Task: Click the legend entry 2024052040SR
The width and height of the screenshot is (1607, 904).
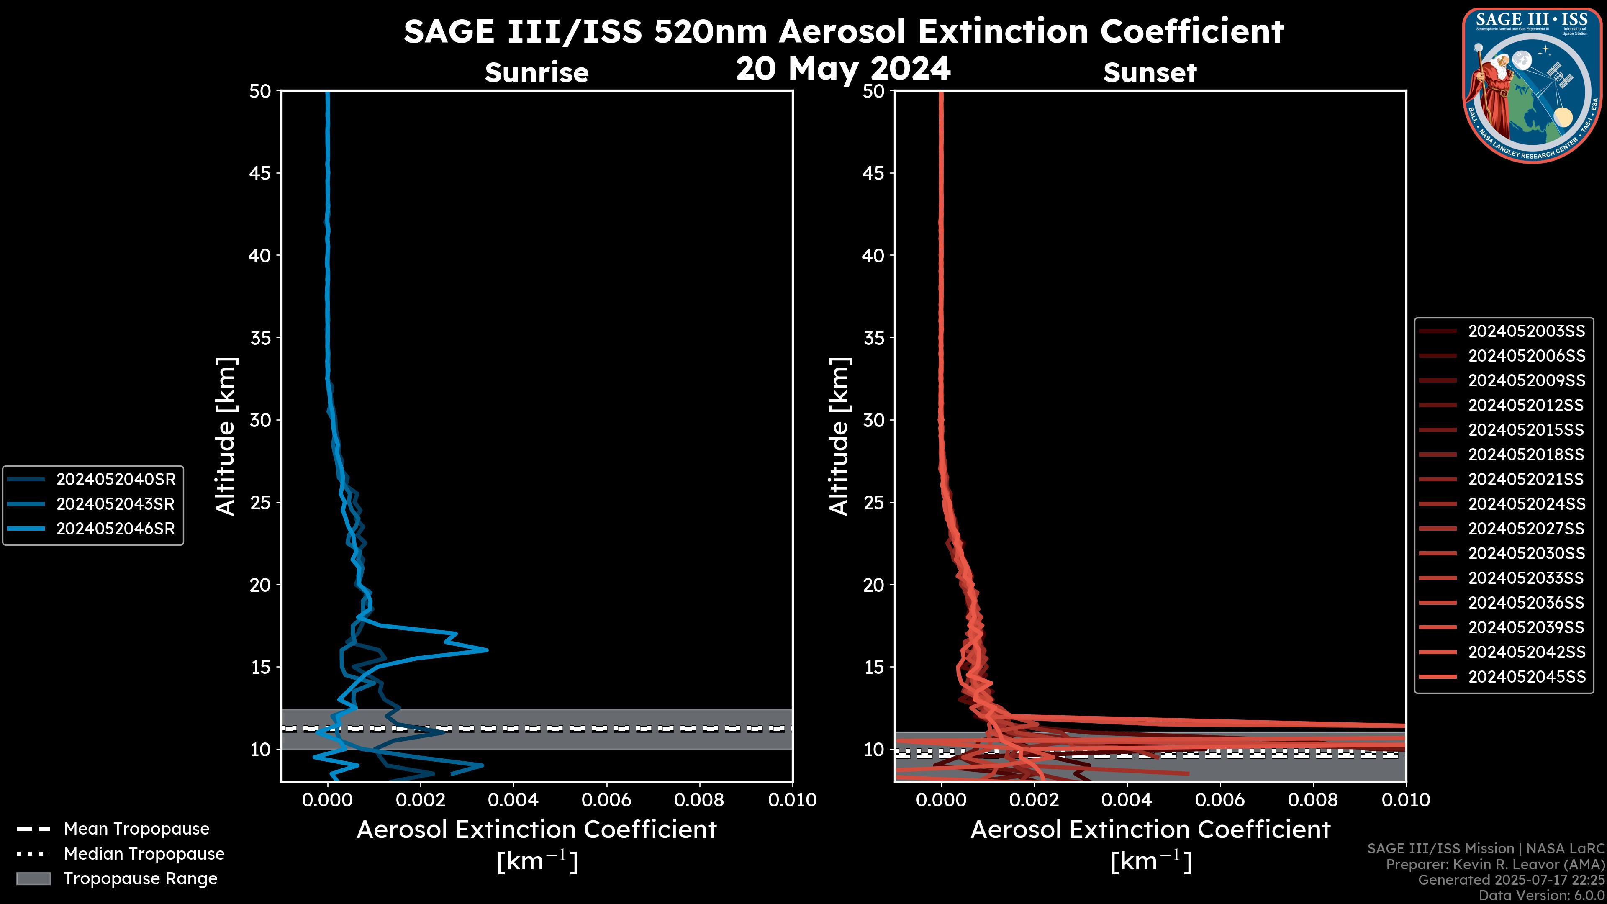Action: [x=116, y=479]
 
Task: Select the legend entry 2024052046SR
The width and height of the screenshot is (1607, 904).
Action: [x=116, y=529]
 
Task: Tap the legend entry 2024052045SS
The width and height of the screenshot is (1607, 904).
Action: [x=1526, y=676]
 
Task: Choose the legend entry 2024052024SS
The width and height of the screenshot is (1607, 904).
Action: [x=1526, y=503]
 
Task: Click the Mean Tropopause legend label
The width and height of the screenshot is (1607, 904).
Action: [x=136, y=829]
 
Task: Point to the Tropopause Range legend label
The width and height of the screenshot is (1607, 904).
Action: [x=140, y=878]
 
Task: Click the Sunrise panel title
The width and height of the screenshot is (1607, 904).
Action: [x=537, y=72]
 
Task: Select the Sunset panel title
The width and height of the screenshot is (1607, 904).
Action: [x=1150, y=72]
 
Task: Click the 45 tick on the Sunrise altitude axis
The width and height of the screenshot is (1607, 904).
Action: [x=260, y=173]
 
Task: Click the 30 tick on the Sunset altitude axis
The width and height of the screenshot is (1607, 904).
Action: [x=874, y=420]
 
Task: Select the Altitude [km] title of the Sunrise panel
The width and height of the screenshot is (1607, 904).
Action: [x=226, y=436]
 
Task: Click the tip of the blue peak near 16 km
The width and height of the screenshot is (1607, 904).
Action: [x=487, y=650]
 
